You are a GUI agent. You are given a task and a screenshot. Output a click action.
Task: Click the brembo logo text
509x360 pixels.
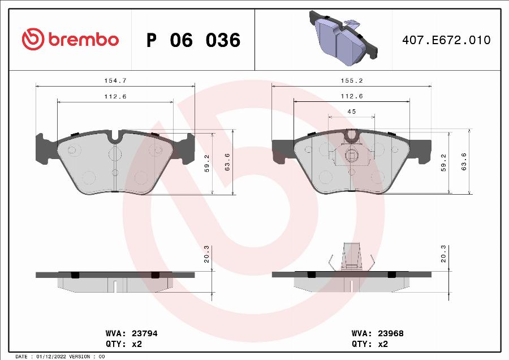tap(83, 40)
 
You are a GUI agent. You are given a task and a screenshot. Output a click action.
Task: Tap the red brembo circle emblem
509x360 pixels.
tap(33, 39)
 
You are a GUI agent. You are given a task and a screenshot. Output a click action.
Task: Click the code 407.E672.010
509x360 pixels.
tap(446, 40)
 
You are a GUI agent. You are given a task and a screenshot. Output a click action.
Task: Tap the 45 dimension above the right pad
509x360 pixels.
tap(351, 112)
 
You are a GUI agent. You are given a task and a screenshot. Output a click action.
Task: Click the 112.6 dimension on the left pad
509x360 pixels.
tap(115, 97)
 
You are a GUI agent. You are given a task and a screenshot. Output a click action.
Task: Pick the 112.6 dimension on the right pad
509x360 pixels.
tap(351, 97)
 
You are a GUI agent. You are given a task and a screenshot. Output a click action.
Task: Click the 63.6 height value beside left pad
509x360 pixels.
tap(227, 162)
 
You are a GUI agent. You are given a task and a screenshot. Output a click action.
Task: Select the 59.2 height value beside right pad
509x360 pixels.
tap(444, 162)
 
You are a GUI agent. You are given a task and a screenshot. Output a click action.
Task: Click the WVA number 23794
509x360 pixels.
tap(144, 333)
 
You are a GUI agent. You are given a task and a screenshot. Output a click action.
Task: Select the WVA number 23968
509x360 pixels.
tap(389, 333)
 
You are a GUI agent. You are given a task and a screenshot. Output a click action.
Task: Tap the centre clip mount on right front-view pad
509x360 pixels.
tap(351, 154)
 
